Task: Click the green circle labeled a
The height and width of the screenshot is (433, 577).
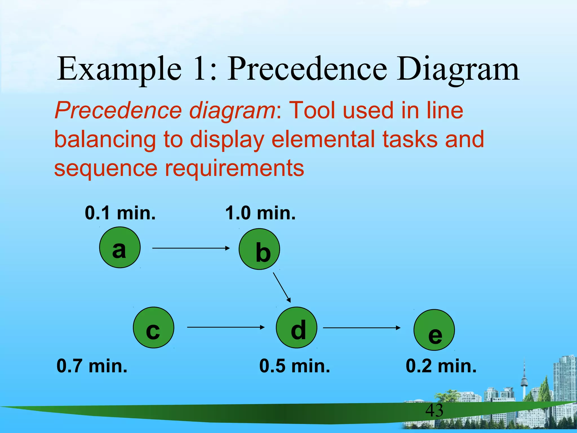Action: click(120, 247)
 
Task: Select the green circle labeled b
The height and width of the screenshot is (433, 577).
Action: click(259, 249)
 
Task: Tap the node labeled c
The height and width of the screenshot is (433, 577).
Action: click(154, 328)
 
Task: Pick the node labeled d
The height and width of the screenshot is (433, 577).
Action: click(296, 328)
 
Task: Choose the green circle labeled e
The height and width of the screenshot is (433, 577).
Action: click(434, 330)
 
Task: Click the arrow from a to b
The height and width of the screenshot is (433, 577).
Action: click(191, 248)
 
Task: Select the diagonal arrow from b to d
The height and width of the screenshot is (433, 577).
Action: click(282, 287)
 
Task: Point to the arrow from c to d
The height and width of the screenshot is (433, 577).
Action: click(225, 327)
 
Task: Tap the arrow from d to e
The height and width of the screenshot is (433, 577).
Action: click(361, 328)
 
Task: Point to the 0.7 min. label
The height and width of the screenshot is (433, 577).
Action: click(92, 366)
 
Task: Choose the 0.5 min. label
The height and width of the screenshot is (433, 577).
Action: click(294, 366)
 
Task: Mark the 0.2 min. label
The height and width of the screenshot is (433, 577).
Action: click(441, 366)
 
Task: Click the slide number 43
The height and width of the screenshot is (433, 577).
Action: click(434, 410)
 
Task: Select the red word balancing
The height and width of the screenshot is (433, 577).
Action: click(105, 139)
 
